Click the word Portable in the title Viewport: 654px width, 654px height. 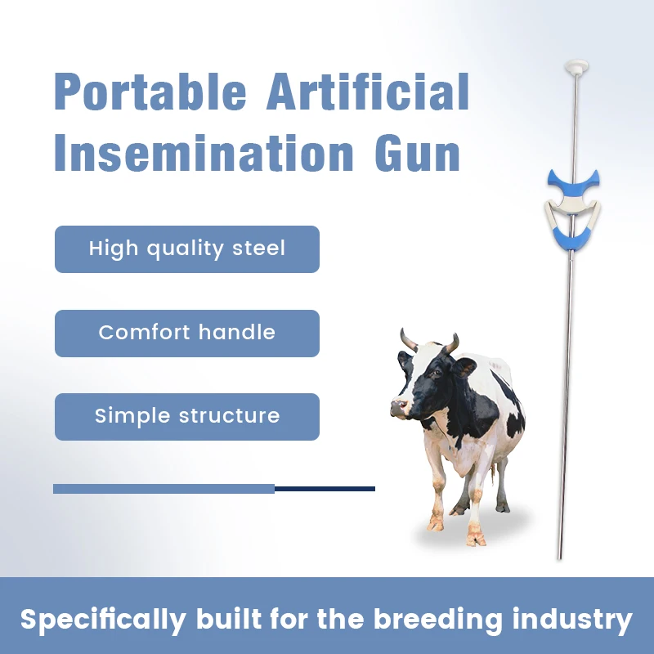150,92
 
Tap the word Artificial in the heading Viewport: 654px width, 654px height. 368,92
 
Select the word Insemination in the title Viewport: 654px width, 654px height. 204,153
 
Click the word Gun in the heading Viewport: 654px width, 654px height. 417,153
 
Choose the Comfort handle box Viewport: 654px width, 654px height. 187,334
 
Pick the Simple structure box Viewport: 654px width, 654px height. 187,417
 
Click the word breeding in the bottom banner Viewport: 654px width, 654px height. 438,620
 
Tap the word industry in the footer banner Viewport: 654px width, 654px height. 572,620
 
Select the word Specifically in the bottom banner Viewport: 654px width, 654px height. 103,620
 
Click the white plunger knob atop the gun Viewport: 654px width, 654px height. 576,67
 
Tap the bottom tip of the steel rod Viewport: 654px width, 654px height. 560,558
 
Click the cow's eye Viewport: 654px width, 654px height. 436,373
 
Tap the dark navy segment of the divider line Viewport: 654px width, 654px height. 325,489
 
